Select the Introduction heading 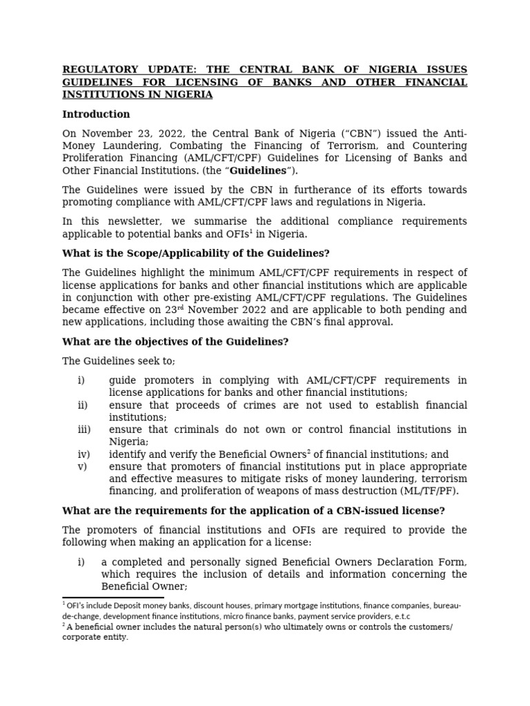[96, 114]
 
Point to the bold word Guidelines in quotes [257, 170]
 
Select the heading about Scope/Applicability [196, 253]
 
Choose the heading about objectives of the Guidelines [175, 342]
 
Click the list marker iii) [84, 430]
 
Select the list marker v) [83, 467]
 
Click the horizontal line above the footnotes [113, 598]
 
